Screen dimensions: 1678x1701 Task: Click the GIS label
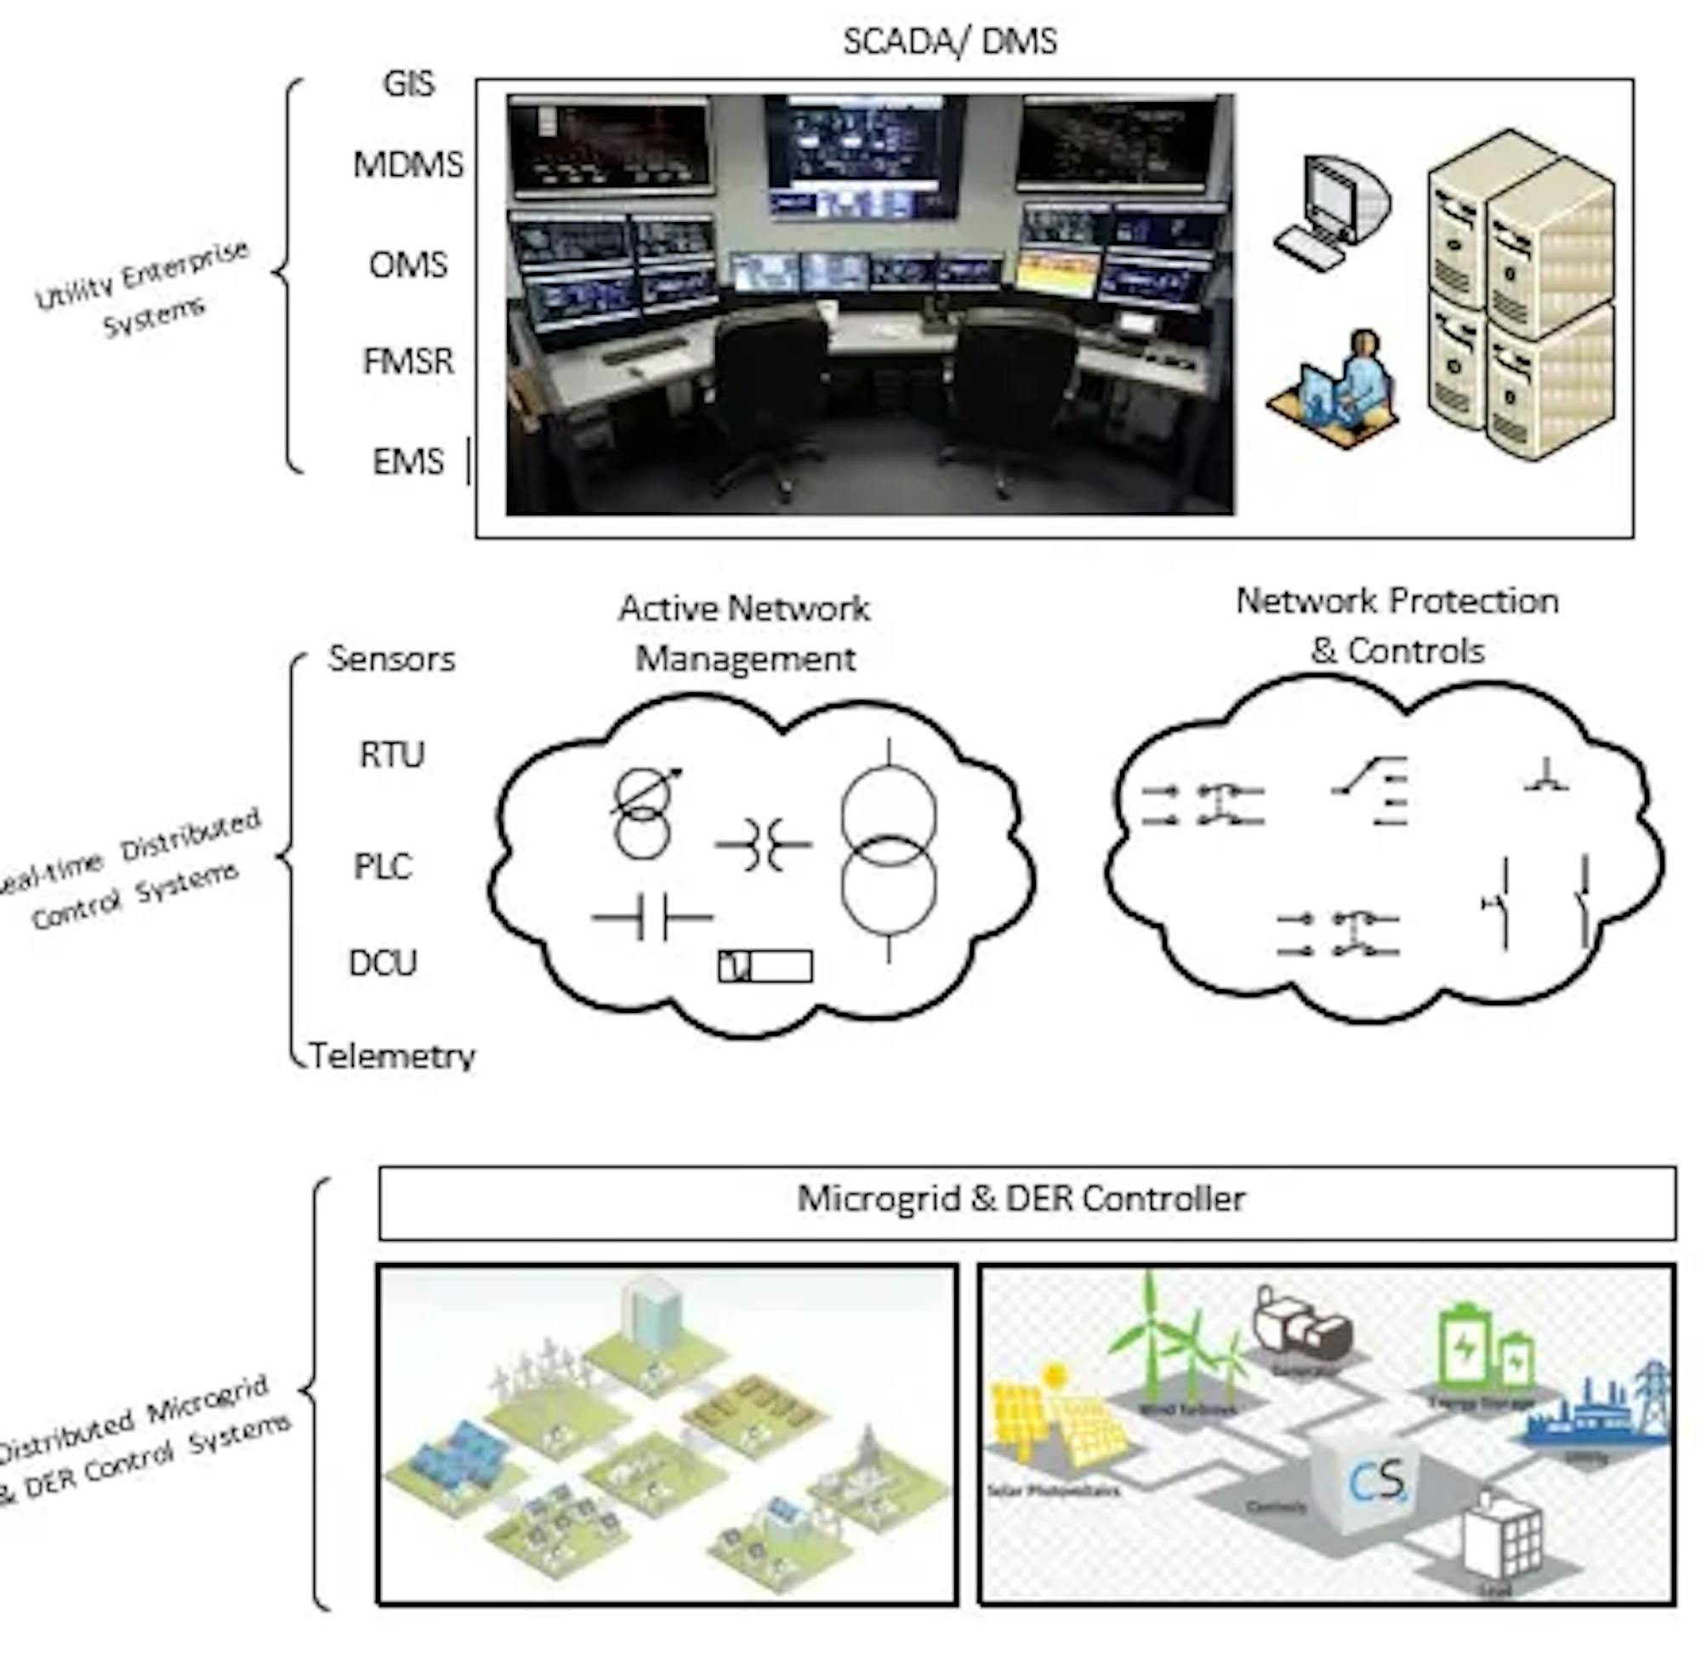coord(408,83)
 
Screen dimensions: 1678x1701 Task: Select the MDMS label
coord(407,165)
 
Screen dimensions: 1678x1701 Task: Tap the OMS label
coord(407,265)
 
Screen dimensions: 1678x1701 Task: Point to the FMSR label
coord(408,361)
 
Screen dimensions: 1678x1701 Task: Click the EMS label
coord(407,462)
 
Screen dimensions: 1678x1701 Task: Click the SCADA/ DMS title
coord(950,42)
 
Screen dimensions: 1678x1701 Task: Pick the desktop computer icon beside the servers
coord(1330,212)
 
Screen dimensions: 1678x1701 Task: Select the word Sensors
coord(392,658)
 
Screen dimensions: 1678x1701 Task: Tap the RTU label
coord(392,754)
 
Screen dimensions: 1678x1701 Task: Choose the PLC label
coord(383,867)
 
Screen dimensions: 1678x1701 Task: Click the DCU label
coord(383,963)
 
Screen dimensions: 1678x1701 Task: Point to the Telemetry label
coord(393,1055)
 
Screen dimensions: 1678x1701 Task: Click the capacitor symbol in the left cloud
coord(652,919)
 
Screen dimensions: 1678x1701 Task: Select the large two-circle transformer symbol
coord(889,850)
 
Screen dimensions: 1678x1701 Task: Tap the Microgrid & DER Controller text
coord(1021,1198)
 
